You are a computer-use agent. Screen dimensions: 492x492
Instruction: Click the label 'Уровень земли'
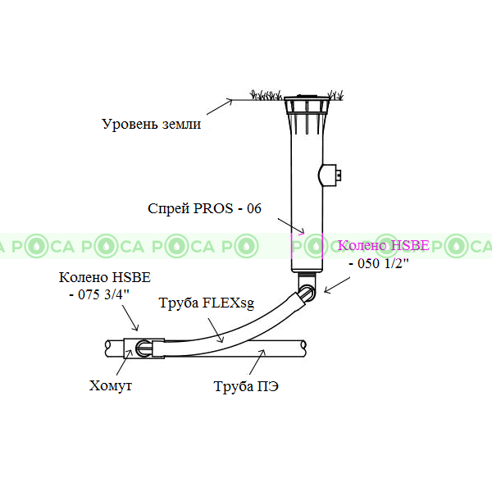(x=151, y=125)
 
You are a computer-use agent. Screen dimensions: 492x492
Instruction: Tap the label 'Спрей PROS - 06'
(x=204, y=209)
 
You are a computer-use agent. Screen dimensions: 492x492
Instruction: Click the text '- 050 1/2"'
(x=378, y=263)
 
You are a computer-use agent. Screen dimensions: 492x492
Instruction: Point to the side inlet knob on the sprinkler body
(x=330, y=175)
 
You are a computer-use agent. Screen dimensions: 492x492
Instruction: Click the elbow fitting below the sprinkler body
(x=306, y=289)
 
